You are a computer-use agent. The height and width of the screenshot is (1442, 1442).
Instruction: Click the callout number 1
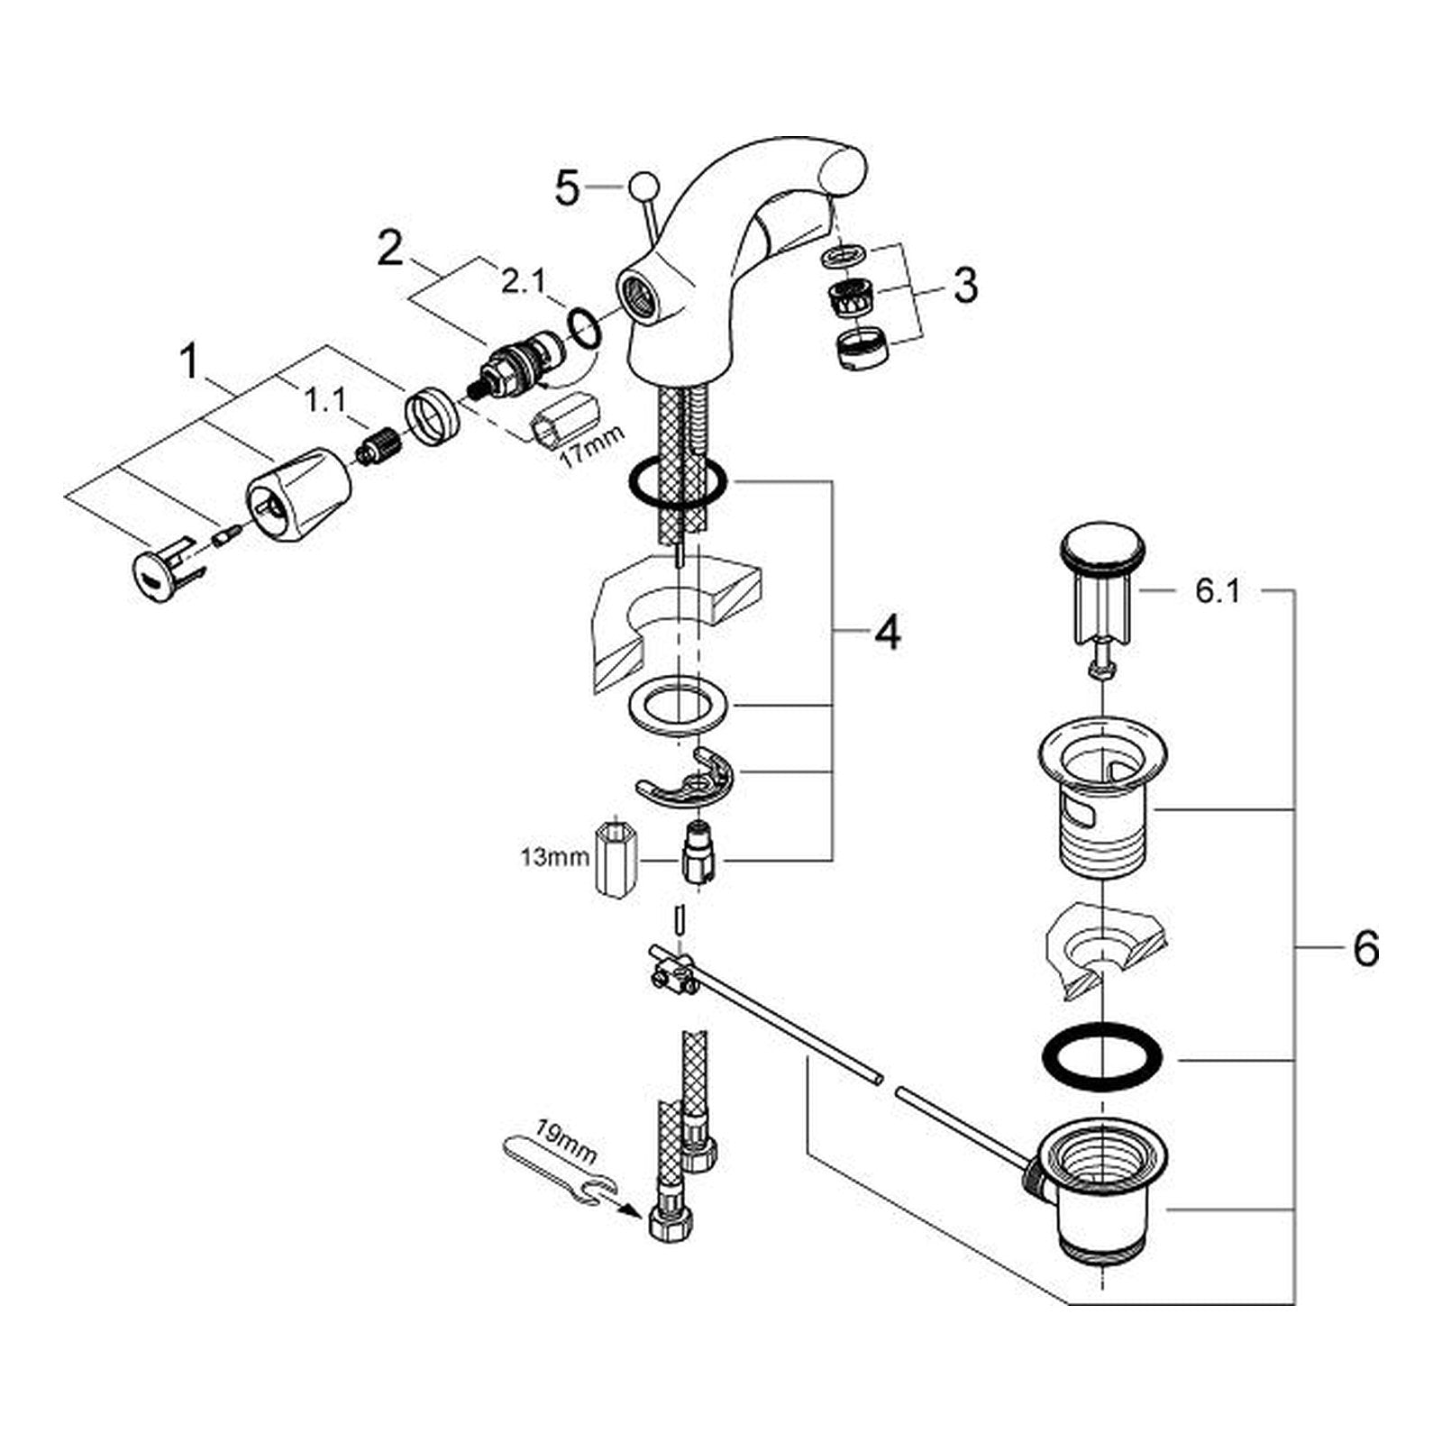click(190, 362)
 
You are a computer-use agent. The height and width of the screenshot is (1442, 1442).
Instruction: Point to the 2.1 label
click(524, 283)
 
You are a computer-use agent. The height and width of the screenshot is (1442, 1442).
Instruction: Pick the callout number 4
click(887, 634)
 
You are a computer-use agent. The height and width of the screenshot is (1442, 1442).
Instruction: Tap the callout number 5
click(567, 189)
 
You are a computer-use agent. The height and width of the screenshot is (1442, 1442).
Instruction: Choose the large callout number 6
click(1365, 949)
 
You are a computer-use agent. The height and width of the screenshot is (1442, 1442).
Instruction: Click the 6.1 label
click(1217, 592)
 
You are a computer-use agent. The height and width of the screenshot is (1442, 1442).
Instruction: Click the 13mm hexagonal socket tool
click(616, 857)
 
